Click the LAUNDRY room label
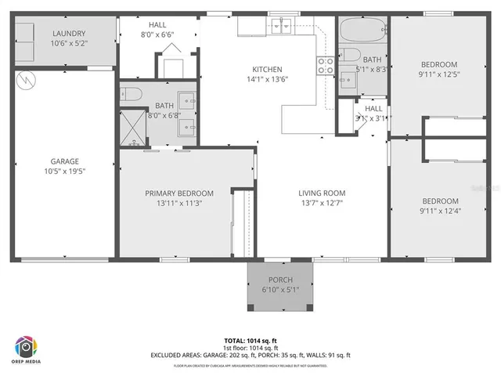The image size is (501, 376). coord(69,33)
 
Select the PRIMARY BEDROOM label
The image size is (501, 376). coord(179,193)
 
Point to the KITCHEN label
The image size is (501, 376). coord(267,69)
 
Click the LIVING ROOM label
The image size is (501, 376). coord(321,193)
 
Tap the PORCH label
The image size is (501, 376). coord(279,280)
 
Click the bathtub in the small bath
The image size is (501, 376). coord(362,32)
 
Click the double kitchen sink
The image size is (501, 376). coord(283,27)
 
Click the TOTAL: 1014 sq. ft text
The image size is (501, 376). coord(250,341)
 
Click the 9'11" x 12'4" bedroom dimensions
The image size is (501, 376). coord(439,210)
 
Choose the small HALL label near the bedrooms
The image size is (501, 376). coord(373,109)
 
